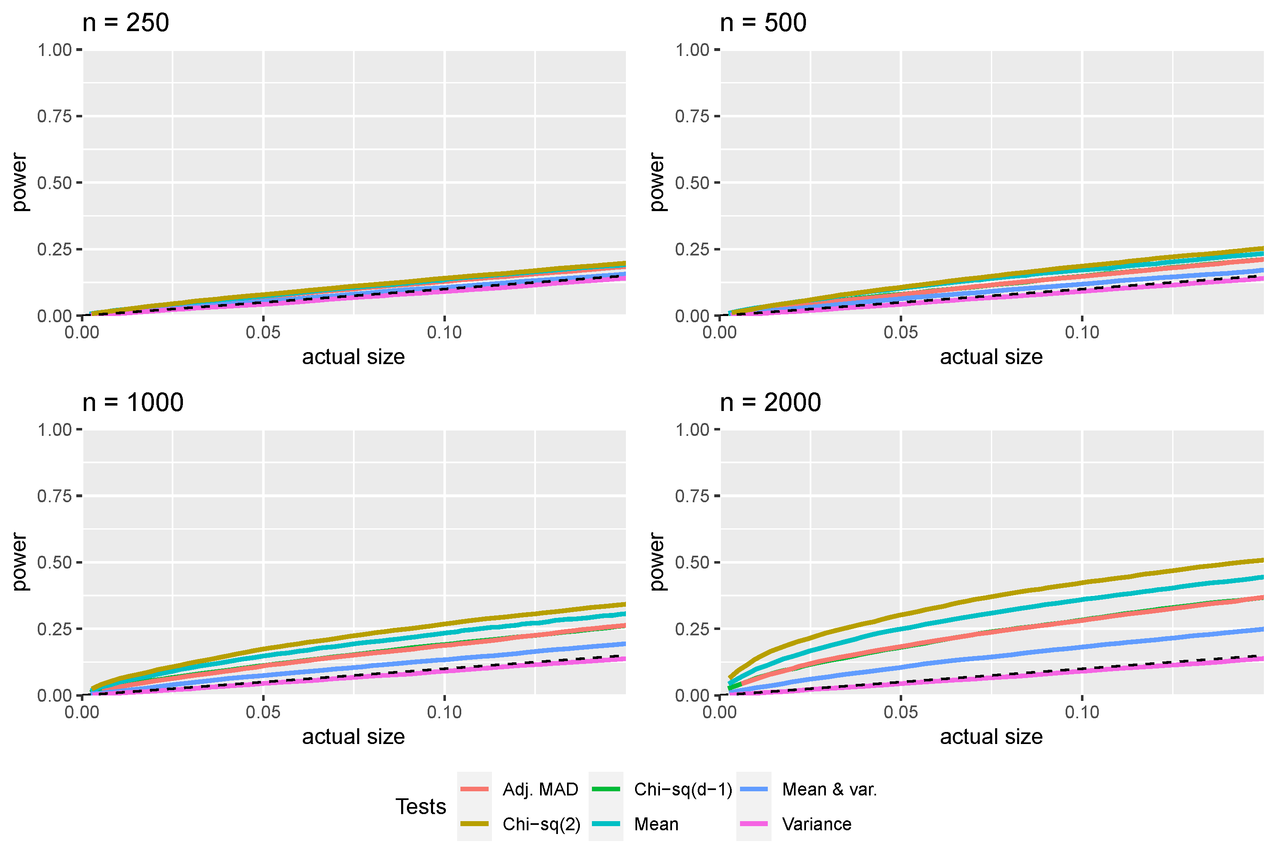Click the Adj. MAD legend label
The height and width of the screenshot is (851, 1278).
tap(540, 789)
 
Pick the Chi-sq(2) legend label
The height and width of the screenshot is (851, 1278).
tap(541, 824)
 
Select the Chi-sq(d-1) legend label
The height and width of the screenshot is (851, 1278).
tap(683, 789)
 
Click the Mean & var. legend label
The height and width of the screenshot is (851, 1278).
tap(829, 789)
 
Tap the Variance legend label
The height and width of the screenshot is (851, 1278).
tap(816, 824)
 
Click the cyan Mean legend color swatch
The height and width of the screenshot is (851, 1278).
tap(606, 824)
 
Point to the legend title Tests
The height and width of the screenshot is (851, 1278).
tap(421, 807)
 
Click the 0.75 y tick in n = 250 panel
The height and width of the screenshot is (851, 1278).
tap(54, 116)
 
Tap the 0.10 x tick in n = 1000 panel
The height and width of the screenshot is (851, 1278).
tap(444, 712)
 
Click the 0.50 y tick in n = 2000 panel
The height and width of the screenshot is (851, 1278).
tap(692, 563)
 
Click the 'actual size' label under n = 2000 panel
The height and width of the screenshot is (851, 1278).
tap(991, 737)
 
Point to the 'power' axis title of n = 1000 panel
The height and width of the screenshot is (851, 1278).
tap(19, 562)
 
